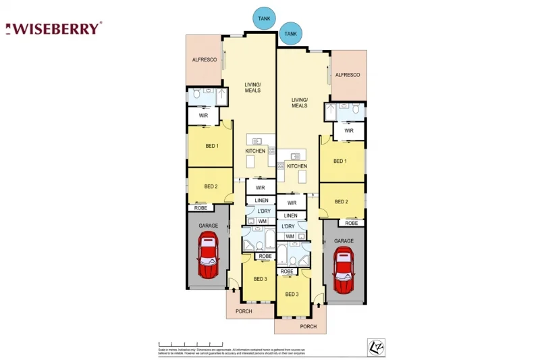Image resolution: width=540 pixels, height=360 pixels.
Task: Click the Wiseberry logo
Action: click(x=54, y=28)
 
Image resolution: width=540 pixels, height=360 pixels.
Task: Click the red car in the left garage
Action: click(x=209, y=255)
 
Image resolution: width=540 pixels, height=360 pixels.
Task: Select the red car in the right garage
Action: click(x=344, y=270)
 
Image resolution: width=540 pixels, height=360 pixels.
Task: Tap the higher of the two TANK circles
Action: click(x=264, y=18)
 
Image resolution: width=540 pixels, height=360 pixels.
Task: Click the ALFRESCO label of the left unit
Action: click(x=204, y=60)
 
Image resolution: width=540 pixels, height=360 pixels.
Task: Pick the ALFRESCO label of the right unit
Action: click(x=348, y=75)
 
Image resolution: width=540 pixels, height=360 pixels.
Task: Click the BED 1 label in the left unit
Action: click(x=211, y=146)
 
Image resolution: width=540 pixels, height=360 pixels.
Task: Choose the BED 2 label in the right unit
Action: click(x=342, y=202)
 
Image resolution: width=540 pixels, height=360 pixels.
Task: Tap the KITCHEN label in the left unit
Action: click(x=255, y=151)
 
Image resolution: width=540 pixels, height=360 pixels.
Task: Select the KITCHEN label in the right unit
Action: click(x=297, y=166)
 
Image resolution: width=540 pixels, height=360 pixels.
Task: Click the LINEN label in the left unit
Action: click(x=261, y=201)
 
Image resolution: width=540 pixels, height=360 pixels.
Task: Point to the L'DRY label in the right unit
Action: click(x=288, y=226)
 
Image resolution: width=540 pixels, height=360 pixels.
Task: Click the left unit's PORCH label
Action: click(x=244, y=311)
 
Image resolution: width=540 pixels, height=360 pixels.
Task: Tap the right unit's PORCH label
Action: click(x=308, y=326)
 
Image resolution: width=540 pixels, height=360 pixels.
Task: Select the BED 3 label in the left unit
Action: click(x=261, y=279)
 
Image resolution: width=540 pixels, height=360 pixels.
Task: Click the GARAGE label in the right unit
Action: click(x=344, y=240)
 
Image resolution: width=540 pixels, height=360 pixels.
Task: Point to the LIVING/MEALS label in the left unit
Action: click(x=252, y=87)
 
